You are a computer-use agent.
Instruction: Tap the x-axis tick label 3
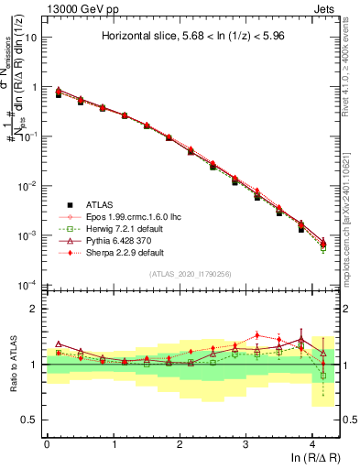pos(246,443)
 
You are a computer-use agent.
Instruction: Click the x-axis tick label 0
pos(47,443)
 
